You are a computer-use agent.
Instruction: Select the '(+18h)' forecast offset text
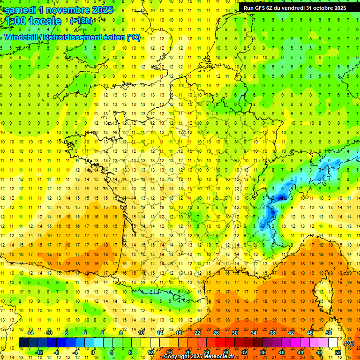pos(81,21)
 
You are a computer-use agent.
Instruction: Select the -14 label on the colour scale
pos(30,332)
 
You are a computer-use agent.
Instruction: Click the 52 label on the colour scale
pos(338,352)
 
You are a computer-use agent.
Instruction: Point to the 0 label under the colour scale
pos(93,352)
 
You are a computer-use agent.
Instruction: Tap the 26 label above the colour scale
pos(216,332)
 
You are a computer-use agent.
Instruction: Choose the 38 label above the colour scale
pos(272,332)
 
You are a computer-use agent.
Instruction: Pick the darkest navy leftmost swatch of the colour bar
pos(23,342)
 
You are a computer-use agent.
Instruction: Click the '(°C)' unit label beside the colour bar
pos(349,343)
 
